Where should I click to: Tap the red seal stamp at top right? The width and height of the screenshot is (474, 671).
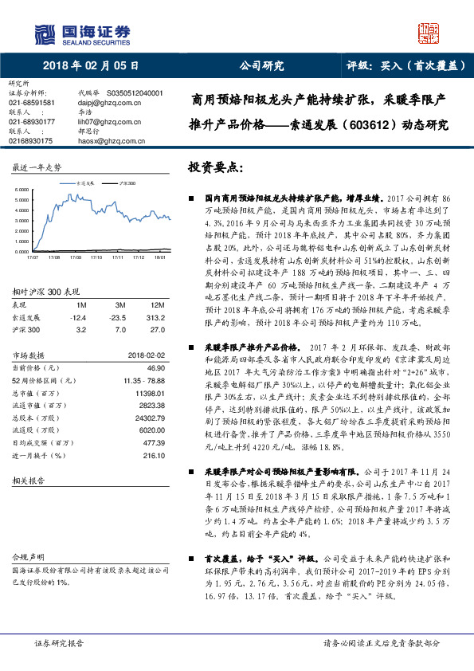(x=429, y=33)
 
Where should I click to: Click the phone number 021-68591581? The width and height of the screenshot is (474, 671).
(x=31, y=103)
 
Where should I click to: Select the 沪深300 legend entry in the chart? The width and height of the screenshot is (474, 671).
(x=127, y=182)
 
